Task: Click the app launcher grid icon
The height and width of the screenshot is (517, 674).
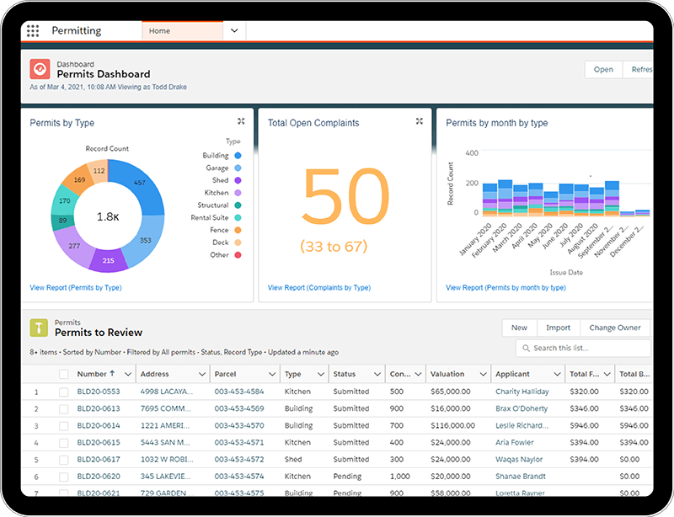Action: pyautogui.click(x=33, y=31)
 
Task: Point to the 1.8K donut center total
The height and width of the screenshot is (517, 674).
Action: pyautogui.click(x=106, y=216)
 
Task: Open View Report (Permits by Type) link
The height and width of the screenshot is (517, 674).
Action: pyautogui.click(x=75, y=288)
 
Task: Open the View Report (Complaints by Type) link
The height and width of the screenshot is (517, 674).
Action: pyautogui.click(x=318, y=288)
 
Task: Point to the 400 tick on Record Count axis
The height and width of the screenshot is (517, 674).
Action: pyautogui.click(x=471, y=153)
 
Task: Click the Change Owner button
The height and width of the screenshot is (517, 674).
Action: pyautogui.click(x=614, y=328)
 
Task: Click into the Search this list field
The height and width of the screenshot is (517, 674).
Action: pyautogui.click(x=588, y=348)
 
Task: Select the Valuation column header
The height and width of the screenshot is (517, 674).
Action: pyautogui.click(x=447, y=374)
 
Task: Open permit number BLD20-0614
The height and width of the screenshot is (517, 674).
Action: pyautogui.click(x=98, y=425)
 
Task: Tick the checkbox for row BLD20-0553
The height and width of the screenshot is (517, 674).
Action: pyautogui.click(x=63, y=392)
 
